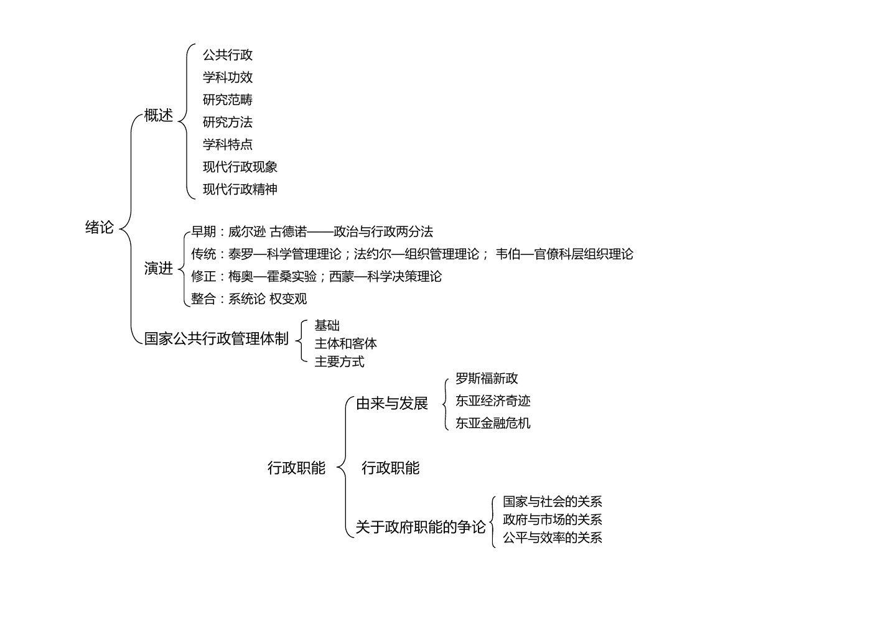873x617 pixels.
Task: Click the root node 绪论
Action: click(100, 227)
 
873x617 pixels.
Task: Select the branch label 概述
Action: click(158, 115)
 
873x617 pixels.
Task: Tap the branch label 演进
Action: click(158, 268)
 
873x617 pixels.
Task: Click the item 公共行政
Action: click(228, 55)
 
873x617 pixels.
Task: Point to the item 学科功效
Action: click(228, 78)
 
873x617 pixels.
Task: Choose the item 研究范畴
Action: click(228, 100)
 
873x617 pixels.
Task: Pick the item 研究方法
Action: click(228, 123)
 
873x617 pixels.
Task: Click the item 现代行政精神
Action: click(240, 189)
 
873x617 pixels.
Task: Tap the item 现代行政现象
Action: click(240, 167)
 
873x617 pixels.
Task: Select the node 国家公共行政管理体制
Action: click(217, 338)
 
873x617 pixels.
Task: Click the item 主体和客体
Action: click(346, 343)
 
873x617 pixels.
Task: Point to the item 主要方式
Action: click(340, 362)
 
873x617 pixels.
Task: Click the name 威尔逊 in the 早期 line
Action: click(247, 232)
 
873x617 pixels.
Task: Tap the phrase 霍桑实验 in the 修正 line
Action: click(292, 277)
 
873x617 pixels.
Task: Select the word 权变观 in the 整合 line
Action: click(288, 299)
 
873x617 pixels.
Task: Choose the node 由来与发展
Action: click(392, 404)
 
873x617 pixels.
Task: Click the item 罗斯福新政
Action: click(487, 379)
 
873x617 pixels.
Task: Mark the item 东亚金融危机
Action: click(493, 424)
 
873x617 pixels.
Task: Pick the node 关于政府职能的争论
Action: click(421, 527)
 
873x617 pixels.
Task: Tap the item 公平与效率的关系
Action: click(553, 538)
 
